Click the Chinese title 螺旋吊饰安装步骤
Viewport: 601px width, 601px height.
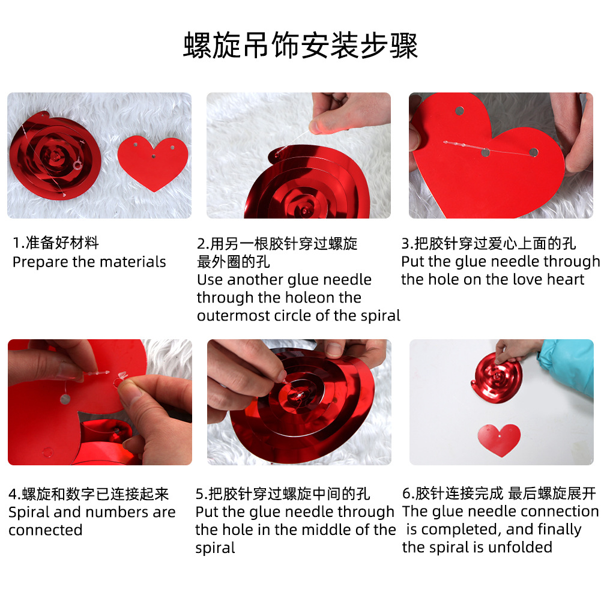[300, 46]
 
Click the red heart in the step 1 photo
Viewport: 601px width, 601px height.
[153, 163]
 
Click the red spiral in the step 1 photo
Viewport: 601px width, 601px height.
[55, 156]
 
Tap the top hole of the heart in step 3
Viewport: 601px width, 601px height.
[459, 111]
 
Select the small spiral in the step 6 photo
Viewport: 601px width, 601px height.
[497, 378]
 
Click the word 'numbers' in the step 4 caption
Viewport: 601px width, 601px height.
[118, 512]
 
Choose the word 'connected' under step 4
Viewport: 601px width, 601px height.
[45, 530]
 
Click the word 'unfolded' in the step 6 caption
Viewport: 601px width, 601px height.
[521, 548]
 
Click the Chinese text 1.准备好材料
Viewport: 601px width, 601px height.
[56, 243]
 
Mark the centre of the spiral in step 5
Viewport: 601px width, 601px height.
[298, 395]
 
